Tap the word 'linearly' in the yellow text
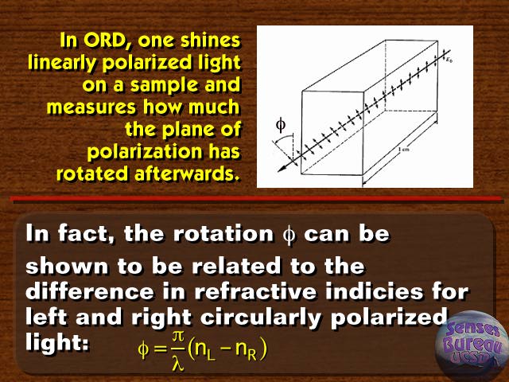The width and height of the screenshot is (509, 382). pos(63,63)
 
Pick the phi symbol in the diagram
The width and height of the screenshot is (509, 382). pos(281,125)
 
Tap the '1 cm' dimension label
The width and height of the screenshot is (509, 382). pos(404,149)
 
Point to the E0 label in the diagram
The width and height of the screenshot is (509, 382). pos(449,60)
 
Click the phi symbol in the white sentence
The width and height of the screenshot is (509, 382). pos(289,235)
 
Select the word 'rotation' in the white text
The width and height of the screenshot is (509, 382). pos(223,234)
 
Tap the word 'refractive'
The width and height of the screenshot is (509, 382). pos(255,291)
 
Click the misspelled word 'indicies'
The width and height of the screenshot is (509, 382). pos(374,291)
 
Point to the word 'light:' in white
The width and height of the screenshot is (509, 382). pos(56,342)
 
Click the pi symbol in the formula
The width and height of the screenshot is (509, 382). pos(178,336)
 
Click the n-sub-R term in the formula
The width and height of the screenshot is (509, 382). pos(246,350)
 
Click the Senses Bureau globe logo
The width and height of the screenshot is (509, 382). pos(472,345)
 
